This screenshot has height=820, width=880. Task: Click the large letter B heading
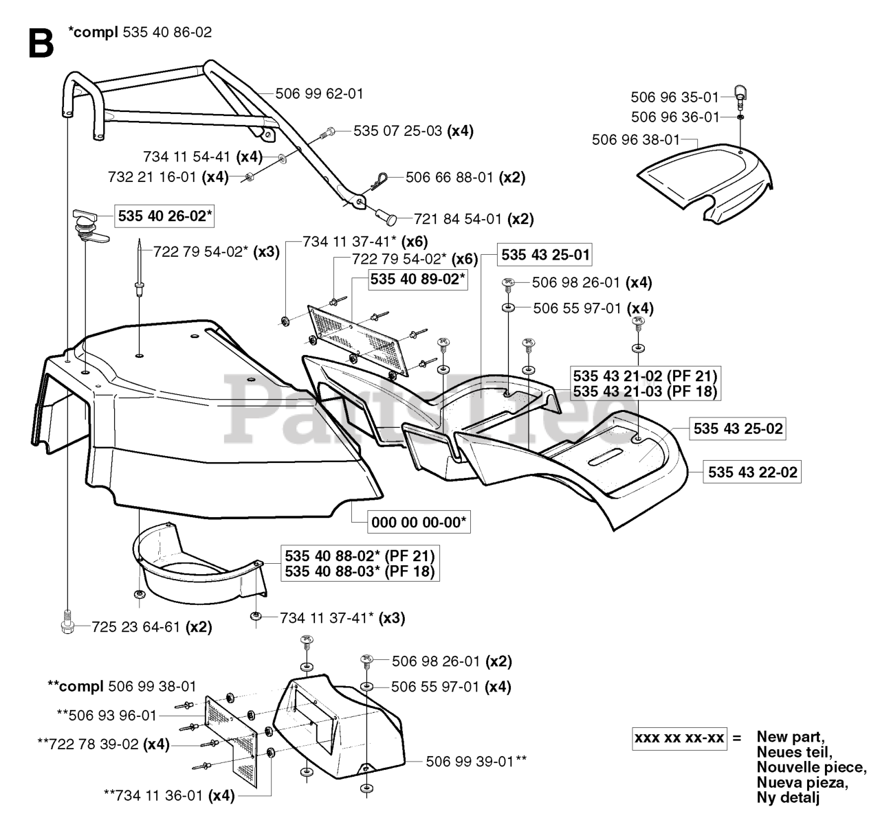click(41, 43)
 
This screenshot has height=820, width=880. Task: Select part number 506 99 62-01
click(319, 93)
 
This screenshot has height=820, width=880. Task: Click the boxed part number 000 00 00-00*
click(419, 523)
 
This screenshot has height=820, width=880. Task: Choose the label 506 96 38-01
click(635, 140)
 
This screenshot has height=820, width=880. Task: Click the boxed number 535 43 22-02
click(752, 472)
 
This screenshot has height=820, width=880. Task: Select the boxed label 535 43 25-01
click(545, 255)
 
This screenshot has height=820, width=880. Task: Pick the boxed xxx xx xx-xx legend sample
click(679, 738)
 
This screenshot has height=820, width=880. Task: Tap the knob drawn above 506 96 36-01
click(740, 93)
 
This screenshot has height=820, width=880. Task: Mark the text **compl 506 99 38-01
click(122, 685)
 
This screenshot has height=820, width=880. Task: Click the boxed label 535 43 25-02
click(738, 429)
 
